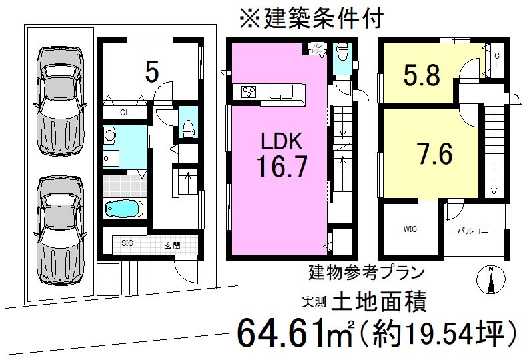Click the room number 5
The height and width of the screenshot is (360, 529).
pyautogui.click(x=152, y=72)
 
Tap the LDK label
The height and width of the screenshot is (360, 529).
pyautogui.click(x=282, y=141)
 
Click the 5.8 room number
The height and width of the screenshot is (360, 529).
pyautogui.click(x=421, y=76)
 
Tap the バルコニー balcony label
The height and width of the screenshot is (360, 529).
pyautogui.click(x=476, y=231)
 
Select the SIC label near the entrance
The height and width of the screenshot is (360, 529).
pyautogui.click(x=127, y=243)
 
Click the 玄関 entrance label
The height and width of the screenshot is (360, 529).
pyautogui.click(x=173, y=245)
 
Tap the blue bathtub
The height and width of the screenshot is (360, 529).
pyautogui.click(x=124, y=209)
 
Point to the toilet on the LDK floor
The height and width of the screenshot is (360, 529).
pyautogui.click(x=344, y=51)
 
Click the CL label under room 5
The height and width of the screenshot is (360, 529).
pyautogui.click(x=125, y=113)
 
